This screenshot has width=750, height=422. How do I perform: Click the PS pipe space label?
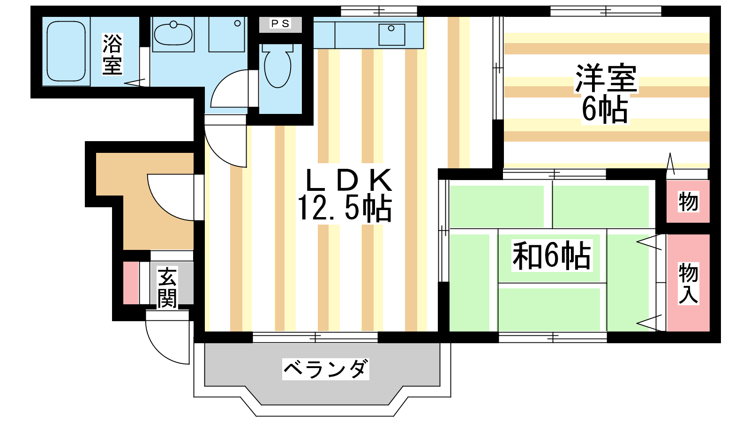[281, 23]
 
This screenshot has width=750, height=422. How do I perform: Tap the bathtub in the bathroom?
[66, 51]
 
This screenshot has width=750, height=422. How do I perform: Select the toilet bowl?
[277, 66]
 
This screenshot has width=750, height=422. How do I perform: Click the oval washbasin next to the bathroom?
[173, 34]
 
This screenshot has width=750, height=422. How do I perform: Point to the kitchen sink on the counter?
[392, 35]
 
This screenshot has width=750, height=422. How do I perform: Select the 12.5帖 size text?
[345, 208]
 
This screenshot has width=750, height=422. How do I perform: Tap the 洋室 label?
[606, 78]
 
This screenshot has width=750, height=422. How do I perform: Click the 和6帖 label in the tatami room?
[551, 256]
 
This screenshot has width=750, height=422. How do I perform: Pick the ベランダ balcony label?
[326, 369]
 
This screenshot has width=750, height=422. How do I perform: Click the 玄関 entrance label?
[167, 287]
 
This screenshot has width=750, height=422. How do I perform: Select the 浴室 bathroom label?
[112, 54]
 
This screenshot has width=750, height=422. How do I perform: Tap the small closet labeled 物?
[688, 202]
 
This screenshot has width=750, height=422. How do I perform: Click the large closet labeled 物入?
[688, 283]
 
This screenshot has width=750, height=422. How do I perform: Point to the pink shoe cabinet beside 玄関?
[131, 283]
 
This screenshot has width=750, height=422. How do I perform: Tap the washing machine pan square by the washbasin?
[227, 34]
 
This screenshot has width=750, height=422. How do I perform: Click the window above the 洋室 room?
[606, 11]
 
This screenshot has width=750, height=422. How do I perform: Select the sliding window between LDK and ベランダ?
[315, 337]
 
